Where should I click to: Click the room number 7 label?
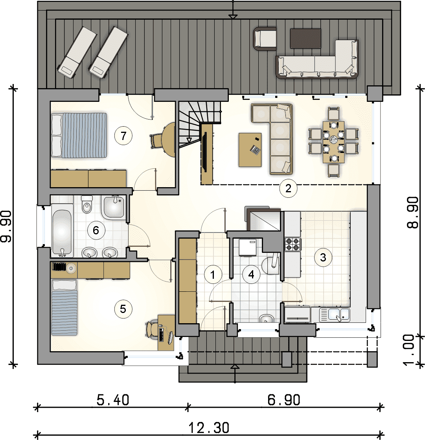pos(123,136)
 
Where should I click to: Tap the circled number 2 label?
pos(288,188)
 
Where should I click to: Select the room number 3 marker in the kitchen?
pos(323,257)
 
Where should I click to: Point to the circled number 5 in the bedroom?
pos(123,309)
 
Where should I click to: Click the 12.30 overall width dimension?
pos(209,428)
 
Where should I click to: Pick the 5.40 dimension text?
pos(113,400)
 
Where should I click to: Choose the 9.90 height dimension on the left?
pos(6,226)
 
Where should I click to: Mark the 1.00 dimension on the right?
pos(409,350)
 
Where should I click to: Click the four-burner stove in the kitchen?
pos(293,244)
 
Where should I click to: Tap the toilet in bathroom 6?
pos(86,204)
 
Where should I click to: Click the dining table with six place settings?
pos(333,142)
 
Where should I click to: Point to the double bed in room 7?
pos(79,135)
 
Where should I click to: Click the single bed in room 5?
pos(64,307)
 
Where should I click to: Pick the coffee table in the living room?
pos(250,150)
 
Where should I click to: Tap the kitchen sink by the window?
pos(335,315)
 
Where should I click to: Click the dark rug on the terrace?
pos(305,39)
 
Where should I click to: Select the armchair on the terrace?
pos(265,39)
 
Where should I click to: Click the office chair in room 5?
pos(152,329)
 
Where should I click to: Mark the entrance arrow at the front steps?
pos(235,367)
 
